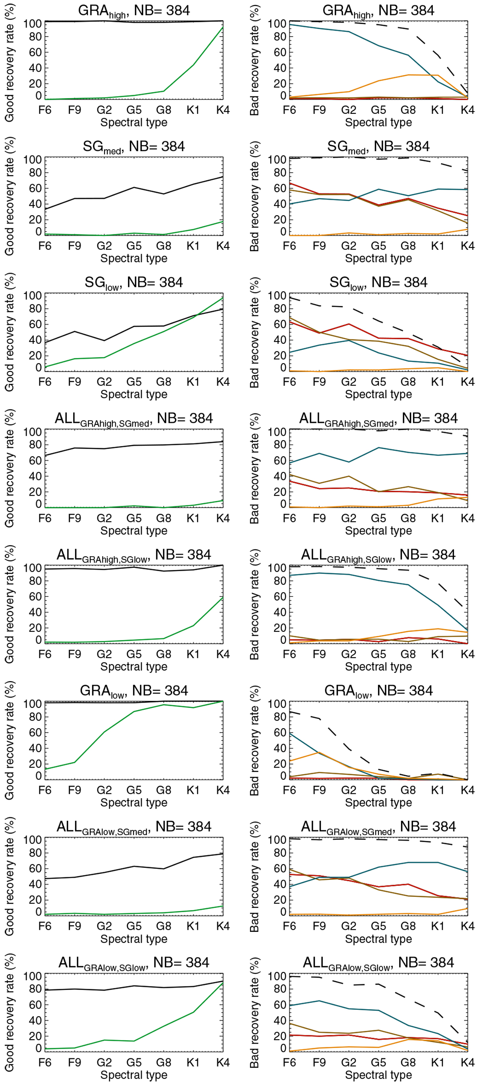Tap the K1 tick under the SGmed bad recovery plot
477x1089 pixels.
[438, 246]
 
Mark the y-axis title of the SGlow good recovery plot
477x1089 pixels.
[9, 332]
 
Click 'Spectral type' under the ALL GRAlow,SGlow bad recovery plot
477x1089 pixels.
[378, 1075]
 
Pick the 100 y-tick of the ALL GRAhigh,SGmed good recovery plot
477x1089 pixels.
[33, 432]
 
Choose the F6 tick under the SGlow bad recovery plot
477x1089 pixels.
[289, 382]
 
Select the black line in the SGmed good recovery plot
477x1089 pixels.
[134, 187]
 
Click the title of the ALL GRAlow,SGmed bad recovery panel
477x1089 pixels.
[378, 827]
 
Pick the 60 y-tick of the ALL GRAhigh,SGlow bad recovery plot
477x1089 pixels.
[277, 596]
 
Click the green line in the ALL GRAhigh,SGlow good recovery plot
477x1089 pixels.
[193, 625]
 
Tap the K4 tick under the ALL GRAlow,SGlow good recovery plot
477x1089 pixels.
[223, 1062]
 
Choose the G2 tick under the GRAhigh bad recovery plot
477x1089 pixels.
[349, 110]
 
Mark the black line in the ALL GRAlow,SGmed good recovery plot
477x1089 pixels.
[134, 866]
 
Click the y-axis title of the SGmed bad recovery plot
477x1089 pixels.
[254, 196]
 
